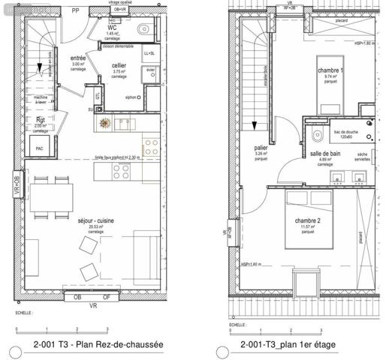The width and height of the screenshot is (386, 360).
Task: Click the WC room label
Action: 112,28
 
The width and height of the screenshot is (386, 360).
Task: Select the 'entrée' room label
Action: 77,58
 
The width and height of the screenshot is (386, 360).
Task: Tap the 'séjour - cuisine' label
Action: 95,221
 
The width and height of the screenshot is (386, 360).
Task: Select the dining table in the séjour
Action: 51,196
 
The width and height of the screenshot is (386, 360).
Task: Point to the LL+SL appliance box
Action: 149,54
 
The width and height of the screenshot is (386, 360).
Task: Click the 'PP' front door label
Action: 75,10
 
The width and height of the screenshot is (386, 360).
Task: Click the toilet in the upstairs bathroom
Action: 317,138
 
